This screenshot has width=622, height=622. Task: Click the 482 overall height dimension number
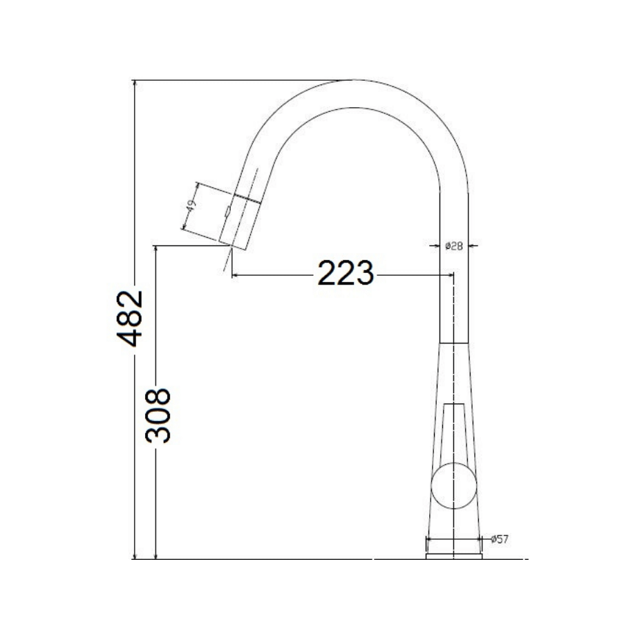click(x=130, y=319)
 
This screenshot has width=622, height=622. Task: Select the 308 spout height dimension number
click(x=158, y=415)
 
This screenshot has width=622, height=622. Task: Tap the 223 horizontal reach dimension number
click(x=345, y=274)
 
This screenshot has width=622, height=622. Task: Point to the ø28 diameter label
click(x=454, y=246)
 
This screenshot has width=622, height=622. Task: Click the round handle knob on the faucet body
click(x=453, y=484)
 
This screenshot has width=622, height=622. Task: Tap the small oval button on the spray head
click(x=227, y=212)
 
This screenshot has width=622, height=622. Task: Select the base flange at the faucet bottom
click(x=454, y=554)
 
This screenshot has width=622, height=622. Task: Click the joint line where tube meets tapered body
click(x=454, y=341)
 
